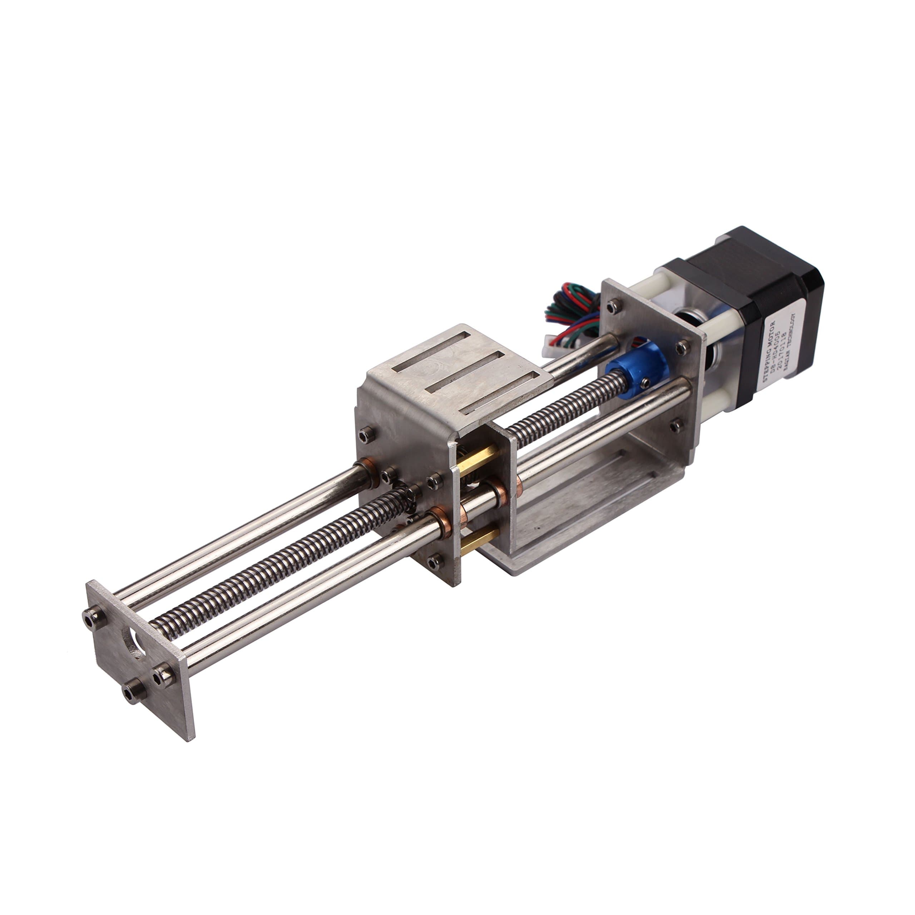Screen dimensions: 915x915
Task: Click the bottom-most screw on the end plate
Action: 131,694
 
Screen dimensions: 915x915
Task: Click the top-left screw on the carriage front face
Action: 366,433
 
